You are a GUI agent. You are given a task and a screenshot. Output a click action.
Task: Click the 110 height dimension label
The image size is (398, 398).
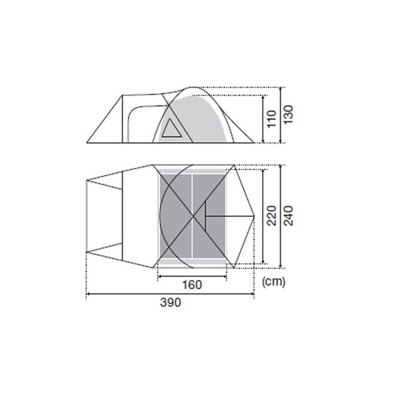pyautogui.click(x=271, y=119)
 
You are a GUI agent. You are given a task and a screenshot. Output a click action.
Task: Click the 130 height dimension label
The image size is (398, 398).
pyautogui.click(x=289, y=115)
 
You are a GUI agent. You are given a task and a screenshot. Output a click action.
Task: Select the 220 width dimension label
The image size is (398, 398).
pyautogui.click(x=271, y=216)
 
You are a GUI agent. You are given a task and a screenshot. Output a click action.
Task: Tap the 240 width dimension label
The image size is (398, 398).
pyautogui.click(x=289, y=216)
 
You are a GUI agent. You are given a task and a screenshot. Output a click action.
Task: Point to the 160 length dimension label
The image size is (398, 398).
pyautogui.click(x=192, y=285)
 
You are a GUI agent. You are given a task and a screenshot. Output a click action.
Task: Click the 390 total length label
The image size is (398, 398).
pyautogui.click(x=170, y=302)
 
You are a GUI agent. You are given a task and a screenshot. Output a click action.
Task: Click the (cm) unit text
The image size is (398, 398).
pyautogui.click(x=273, y=282)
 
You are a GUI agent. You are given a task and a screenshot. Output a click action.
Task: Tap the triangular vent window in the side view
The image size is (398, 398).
pyautogui.click(x=171, y=129)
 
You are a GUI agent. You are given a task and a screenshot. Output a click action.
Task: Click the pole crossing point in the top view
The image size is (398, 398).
pyautogui.click(x=193, y=216)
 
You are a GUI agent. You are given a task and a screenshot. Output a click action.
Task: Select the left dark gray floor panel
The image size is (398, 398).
pyautogui.click(x=176, y=216)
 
